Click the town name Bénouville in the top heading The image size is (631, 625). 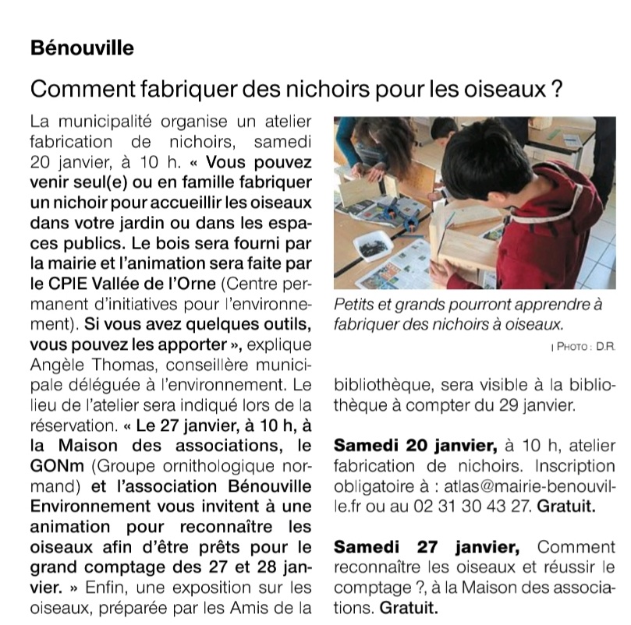tap(82, 48)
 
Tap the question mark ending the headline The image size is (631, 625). tap(556, 90)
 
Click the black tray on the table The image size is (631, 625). tap(374, 247)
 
